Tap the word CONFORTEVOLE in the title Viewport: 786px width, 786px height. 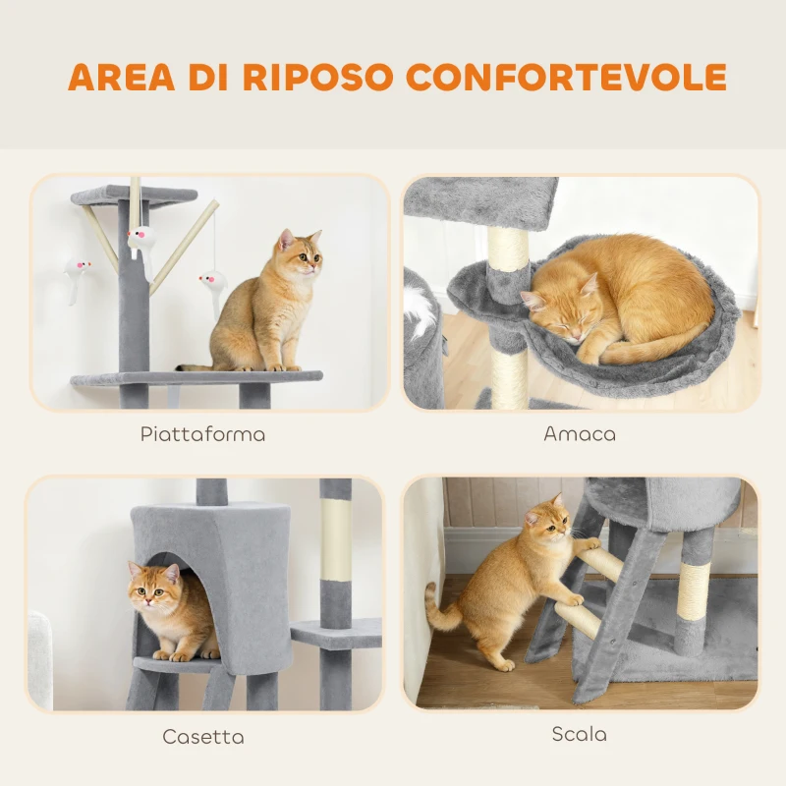tap(567, 77)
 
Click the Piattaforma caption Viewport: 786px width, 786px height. tap(202, 433)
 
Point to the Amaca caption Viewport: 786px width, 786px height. tap(580, 433)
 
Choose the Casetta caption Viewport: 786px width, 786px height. tap(203, 736)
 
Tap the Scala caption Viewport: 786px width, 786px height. tap(579, 734)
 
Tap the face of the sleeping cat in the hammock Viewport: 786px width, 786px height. tap(552, 309)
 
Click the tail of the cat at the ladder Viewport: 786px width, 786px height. tap(439, 609)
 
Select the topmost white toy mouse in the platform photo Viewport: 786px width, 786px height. tap(140, 239)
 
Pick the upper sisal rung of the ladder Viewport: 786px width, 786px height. tap(601, 562)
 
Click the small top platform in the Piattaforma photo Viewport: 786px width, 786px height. tap(133, 196)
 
